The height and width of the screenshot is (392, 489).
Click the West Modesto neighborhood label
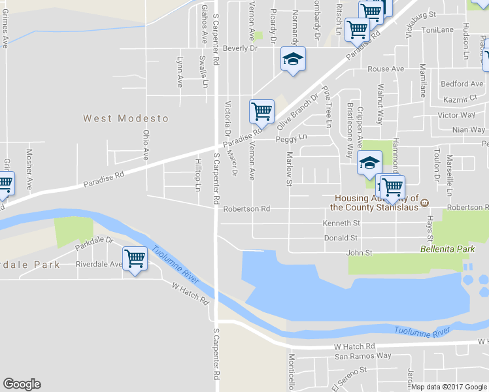point(126,118)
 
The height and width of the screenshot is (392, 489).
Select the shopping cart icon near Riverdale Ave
point(135,259)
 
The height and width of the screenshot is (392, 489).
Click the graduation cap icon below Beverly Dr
point(293,59)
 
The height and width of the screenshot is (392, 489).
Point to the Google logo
point(22,384)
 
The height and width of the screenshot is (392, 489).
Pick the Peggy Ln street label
point(291,138)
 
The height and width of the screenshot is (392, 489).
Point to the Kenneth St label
point(341,223)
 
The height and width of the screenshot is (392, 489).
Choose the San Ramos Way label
point(363,356)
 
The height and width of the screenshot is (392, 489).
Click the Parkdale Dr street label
point(94,244)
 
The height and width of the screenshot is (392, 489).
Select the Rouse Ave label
point(386,69)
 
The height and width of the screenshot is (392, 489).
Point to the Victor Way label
point(456,115)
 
